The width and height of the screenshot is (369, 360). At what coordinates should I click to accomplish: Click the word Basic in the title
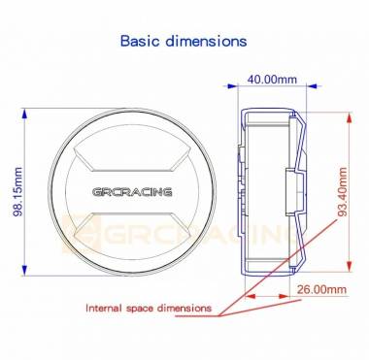pyautogui.click(x=141, y=41)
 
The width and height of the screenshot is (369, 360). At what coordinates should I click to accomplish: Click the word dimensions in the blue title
pyautogui.click(x=207, y=41)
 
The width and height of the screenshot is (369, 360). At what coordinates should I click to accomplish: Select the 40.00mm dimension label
pyautogui.click(x=272, y=80)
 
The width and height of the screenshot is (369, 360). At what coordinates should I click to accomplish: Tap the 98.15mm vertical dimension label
pyautogui.click(x=17, y=192)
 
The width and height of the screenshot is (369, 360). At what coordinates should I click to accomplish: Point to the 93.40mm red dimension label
pyautogui.click(x=342, y=191)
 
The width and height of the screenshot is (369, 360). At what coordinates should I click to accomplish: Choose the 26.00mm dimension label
pyautogui.click(x=321, y=289)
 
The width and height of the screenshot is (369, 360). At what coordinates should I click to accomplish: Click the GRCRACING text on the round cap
pyautogui.click(x=132, y=192)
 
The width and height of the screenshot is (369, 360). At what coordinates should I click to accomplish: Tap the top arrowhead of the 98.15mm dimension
pyautogui.click(x=24, y=115)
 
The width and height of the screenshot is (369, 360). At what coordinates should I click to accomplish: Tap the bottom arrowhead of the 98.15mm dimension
pyautogui.click(x=24, y=269)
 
